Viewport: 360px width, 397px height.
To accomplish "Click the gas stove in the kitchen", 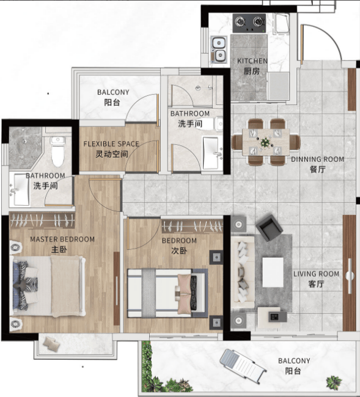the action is (249, 23).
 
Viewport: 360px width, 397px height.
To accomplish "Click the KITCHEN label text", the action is (252, 61).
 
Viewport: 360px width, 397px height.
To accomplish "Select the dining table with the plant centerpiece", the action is (266, 142).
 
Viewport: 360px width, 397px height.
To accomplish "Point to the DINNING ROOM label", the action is (317, 159).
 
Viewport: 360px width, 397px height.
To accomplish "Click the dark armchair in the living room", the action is (269, 228).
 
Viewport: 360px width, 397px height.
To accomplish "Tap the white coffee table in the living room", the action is (273, 272).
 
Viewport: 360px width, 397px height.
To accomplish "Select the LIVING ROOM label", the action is (316, 274).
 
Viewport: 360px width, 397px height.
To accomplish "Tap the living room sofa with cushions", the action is (243, 272).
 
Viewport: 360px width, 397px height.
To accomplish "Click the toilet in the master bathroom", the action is (58, 151).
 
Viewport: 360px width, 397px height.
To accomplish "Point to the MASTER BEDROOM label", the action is (62, 239).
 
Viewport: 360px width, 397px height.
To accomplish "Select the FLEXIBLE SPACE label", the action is (111, 144).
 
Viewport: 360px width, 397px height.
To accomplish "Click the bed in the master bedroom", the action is (47, 286).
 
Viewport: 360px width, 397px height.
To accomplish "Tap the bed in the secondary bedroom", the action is (167, 293).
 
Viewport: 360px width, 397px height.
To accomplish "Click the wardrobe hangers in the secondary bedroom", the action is (193, 227).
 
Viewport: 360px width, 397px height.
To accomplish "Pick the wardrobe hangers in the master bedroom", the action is (42, 220).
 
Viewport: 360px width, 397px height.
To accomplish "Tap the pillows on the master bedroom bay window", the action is (51, 344).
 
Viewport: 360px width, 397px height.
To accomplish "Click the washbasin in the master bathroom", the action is (20, 189).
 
